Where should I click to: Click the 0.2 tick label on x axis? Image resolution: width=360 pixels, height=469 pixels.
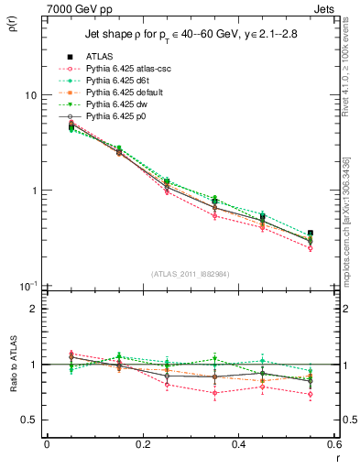(x=141, y=444)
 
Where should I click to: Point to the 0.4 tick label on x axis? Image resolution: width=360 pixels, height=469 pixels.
(x=238, y=444)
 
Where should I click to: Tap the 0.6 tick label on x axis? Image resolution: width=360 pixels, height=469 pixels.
(x=333, y=444)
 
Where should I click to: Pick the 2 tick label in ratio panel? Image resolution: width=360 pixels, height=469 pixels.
(x=33, y=309)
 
